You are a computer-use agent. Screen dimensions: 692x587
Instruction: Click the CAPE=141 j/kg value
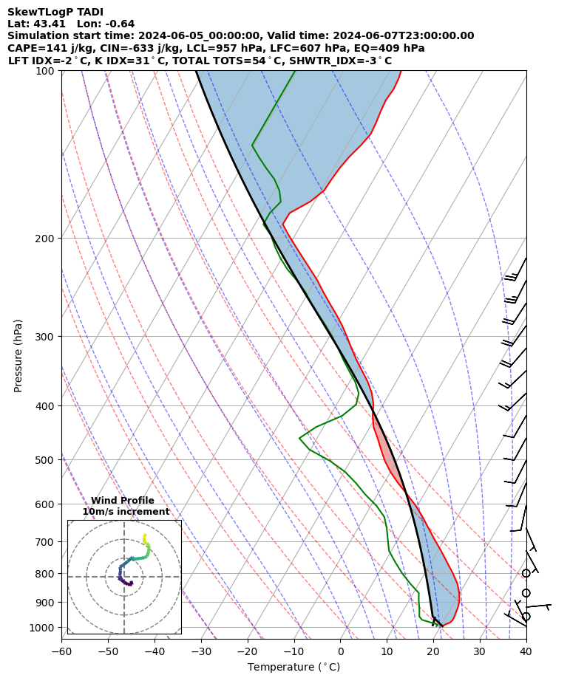pos(41,48)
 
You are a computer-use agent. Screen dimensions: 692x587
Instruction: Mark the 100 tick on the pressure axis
pos(47,71)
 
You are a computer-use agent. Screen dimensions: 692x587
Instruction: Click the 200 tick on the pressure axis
pos(47,239)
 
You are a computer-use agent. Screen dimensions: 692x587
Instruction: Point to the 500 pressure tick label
pos(47,460)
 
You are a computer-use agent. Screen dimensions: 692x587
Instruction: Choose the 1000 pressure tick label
pos(44,628)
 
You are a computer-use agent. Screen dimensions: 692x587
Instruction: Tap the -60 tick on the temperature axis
pos(61,651)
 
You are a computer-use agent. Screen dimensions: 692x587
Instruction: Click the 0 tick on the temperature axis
pos(341,651)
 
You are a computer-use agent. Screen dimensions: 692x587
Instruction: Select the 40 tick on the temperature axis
pos(526,651)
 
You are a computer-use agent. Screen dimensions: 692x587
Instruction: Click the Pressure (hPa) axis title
pos(18,355)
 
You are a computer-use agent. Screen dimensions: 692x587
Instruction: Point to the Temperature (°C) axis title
pos(293,668)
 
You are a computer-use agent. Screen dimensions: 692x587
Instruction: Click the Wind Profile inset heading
pos(123,501)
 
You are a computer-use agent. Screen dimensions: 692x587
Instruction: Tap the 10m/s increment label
pos(126,512)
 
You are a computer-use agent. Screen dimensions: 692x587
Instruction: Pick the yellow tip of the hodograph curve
pos(144,535)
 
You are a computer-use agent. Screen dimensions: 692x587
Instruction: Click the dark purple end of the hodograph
pos(131,584)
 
